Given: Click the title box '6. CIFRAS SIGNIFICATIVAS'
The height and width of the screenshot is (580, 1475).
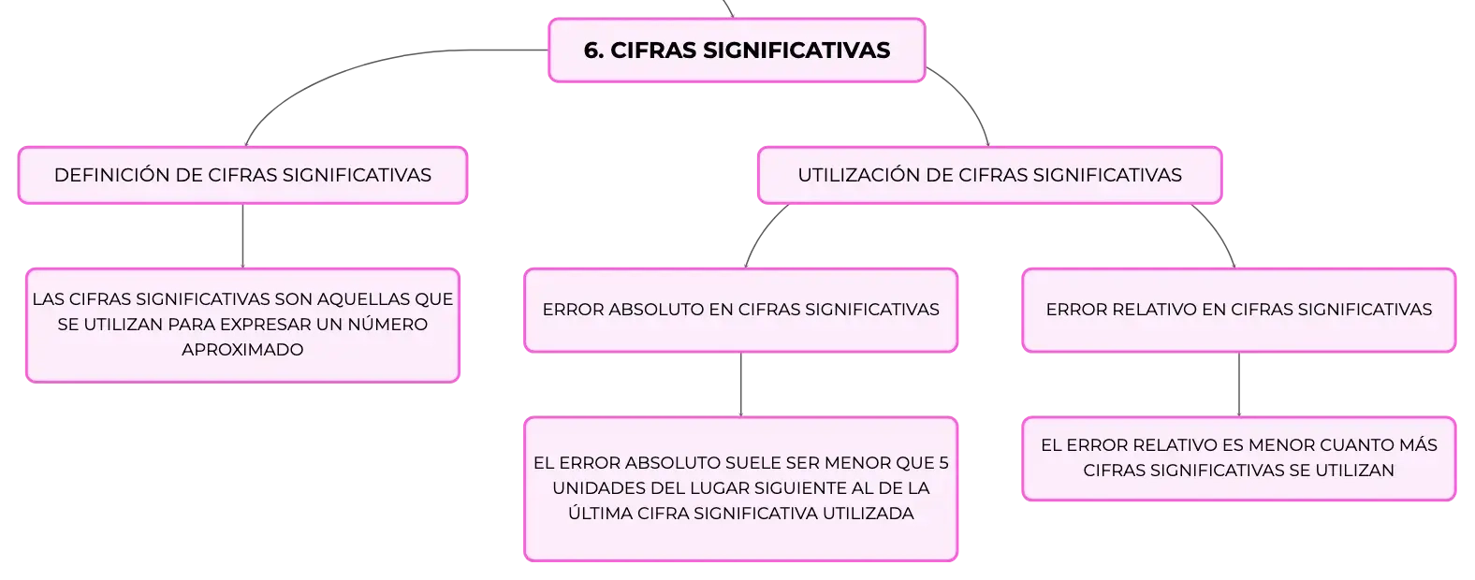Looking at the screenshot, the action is click(737, 50).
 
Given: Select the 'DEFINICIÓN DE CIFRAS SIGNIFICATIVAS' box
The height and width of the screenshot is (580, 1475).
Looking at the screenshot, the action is click(243, 175).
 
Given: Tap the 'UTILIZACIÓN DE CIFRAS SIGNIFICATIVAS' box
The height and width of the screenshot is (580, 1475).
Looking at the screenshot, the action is click(989, 175).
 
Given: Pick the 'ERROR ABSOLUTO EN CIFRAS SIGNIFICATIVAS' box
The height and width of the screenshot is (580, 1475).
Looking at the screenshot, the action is click(741, 310).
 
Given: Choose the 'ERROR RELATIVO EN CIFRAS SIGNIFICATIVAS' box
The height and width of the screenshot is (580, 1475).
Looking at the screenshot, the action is click(1238, 310).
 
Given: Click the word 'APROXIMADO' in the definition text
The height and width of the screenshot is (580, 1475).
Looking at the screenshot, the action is click(242, 350).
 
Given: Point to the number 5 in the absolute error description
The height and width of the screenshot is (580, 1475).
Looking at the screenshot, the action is click(943, 463).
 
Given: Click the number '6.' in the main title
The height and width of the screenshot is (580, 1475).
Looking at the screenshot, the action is click(594, 50).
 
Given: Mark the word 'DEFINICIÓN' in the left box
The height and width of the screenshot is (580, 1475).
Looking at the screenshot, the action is click(112, 175).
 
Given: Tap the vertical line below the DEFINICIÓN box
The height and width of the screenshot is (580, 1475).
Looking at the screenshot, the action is click(243, 236).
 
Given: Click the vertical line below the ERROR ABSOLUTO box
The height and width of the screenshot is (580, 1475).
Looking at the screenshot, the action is click(741, 384).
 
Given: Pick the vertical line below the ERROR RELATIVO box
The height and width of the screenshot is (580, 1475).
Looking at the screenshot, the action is click(1238, 384).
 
